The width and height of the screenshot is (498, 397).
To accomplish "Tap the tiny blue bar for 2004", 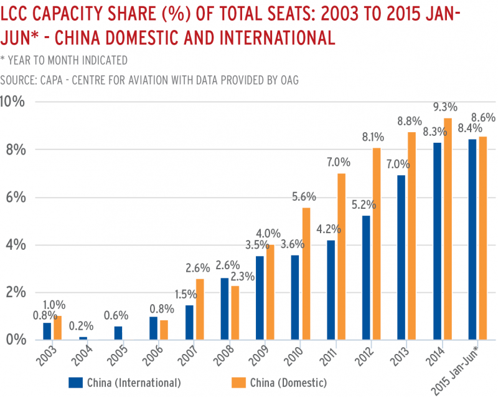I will click(83, 338).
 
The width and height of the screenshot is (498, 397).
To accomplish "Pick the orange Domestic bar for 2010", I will click(305, 274).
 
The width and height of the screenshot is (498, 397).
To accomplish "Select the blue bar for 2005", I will click(118, 333).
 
